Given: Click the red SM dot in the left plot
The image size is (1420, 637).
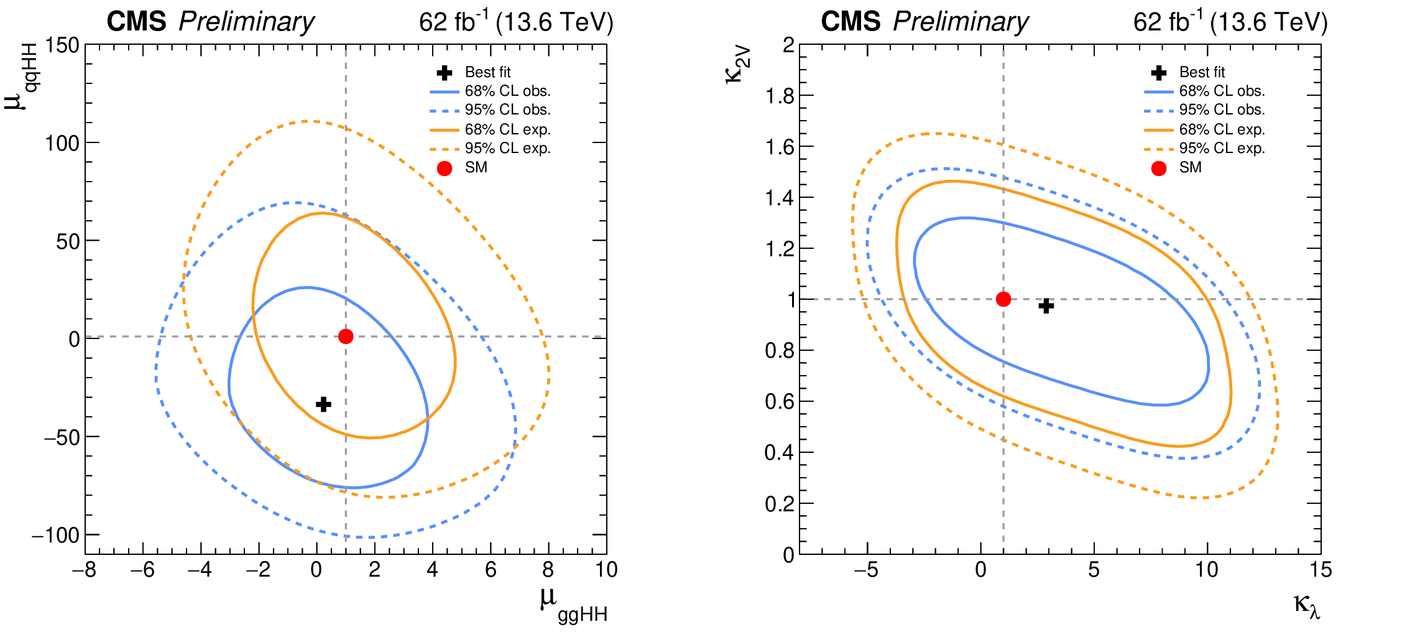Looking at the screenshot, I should pos(346,337).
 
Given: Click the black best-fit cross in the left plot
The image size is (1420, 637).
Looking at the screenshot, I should pos(323,404).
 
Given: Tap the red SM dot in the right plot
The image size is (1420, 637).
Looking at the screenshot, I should pos(1003,299).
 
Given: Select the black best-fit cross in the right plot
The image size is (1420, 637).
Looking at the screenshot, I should pos(1046,305).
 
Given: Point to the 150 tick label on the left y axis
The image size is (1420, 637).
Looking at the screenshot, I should pos(62,45).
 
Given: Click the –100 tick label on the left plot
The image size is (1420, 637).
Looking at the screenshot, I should pos(56,535).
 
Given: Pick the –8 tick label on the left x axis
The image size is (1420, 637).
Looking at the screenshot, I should pos(84,570).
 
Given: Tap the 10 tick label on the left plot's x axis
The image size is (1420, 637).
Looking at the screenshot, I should pos(606,570).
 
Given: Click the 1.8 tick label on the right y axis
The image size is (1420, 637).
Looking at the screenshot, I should pos(780,96).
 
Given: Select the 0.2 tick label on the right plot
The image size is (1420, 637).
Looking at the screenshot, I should pos(780,503).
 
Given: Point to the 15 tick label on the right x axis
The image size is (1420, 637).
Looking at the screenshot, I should pos(1321,570).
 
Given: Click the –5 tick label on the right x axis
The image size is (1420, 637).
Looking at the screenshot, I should pos(865,570).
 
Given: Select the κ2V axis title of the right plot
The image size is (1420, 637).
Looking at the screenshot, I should pos(738,65).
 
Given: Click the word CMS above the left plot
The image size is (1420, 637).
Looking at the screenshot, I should pos(136,22).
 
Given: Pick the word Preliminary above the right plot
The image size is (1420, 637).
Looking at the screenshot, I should pos(961,22).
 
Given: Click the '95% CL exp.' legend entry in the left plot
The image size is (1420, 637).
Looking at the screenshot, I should pos(507,149).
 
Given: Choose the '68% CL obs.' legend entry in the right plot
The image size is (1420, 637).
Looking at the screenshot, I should pos(1222,91).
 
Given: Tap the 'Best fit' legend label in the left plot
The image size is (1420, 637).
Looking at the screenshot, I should pos(488,72).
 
